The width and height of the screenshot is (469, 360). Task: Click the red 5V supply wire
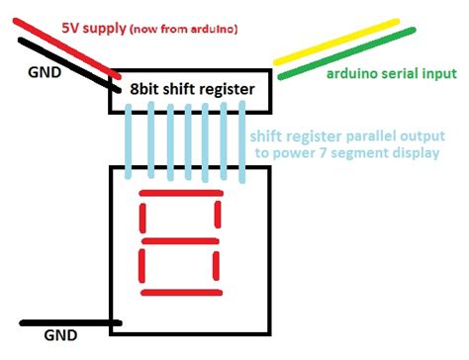pos(67,48)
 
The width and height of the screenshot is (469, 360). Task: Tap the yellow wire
pos(336,42)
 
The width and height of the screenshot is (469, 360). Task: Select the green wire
pos(347,53)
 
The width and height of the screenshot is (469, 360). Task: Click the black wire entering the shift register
pos(69,64)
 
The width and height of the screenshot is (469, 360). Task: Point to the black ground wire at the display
pos(70,323)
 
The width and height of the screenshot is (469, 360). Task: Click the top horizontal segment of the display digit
pos(181,193)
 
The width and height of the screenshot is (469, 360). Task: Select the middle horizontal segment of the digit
pos(180,241)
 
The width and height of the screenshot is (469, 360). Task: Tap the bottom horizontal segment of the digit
pos(181,293)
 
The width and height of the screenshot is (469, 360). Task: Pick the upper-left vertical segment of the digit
pos(142,219)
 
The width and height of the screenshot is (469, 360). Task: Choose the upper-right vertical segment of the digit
pos(218,215)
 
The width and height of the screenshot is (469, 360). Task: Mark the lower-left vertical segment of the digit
pos(141,266)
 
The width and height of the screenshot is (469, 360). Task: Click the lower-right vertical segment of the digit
pos(216,266)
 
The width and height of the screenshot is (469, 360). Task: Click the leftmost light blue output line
pos(129,141)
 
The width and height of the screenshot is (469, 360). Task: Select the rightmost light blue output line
pos(242,142)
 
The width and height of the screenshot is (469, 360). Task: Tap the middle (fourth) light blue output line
pos(188,142)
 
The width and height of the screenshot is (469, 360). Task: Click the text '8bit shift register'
pos(192,89)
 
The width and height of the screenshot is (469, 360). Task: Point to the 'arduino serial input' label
pos(392,74)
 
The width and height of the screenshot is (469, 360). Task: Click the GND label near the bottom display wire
pos(60,335)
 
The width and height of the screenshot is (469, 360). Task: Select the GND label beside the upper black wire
pos(45,72)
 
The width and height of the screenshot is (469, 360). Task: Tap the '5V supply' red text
pos(94,28)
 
